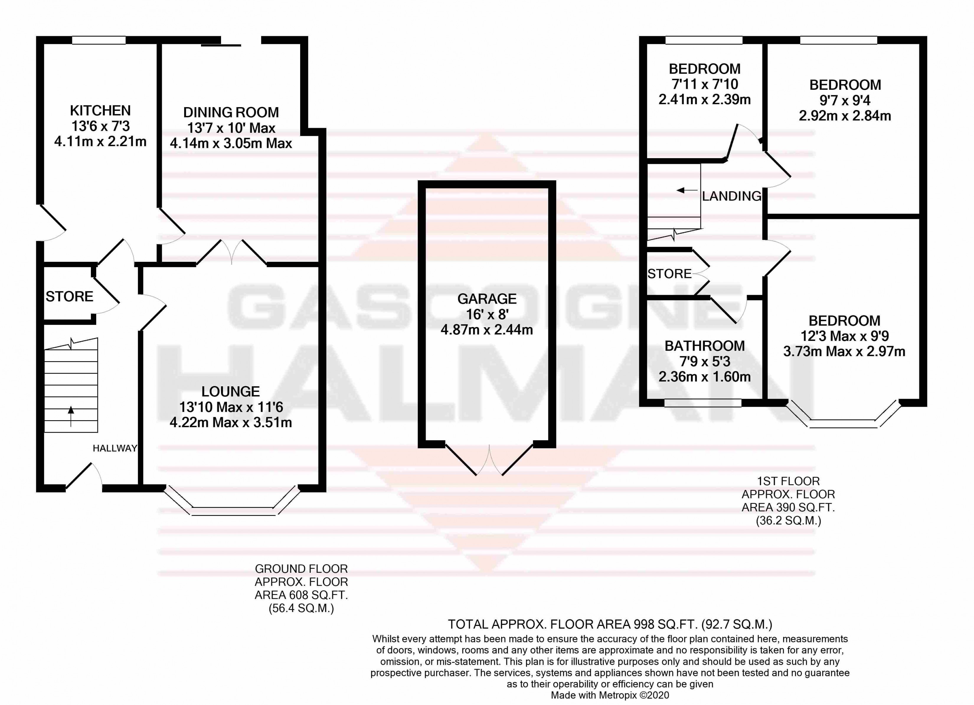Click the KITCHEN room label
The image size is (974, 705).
[100, 110]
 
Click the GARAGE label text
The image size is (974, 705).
[487, 299]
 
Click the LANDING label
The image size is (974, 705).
[731, 196]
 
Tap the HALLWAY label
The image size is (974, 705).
[115, 448]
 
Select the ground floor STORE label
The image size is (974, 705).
[69, 296]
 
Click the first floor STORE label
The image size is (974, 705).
[669, 274]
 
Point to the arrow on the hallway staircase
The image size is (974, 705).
[71, 415]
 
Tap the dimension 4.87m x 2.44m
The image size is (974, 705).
[487, 330]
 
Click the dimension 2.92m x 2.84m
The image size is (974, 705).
[845, 116]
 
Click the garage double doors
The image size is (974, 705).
[489, 462]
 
